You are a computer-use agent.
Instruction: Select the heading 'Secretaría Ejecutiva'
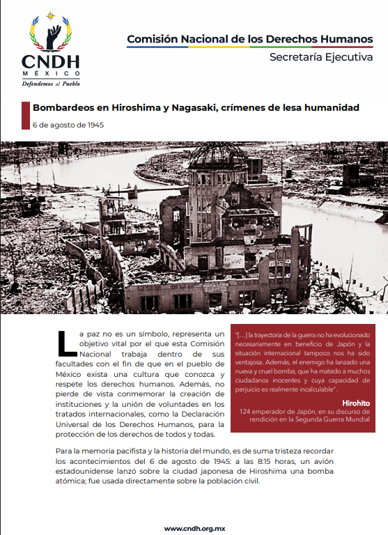(321, 57)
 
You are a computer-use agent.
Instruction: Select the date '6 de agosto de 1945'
(67, 125)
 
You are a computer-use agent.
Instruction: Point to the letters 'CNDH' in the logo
(50, 62)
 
